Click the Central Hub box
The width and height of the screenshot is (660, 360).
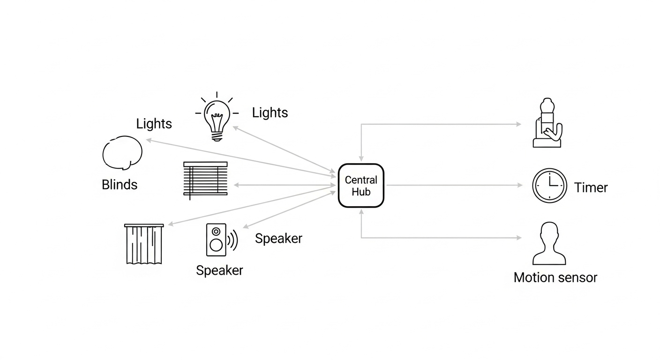[361, 186]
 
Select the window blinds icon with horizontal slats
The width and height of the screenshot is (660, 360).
[205, 179]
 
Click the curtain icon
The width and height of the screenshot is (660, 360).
[144, 244]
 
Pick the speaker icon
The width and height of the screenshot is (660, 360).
[216, 240]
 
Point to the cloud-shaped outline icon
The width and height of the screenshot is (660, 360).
[122, 153]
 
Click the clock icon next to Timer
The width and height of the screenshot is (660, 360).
[549, 186]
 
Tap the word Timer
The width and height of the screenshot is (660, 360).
[591, 187]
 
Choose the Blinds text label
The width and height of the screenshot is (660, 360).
[120, 185]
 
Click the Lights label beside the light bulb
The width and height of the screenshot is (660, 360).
[270, 112]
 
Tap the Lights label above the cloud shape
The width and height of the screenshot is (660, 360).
[154, 124]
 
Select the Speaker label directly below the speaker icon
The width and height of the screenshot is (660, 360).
[219, 270]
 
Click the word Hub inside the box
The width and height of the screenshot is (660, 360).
[361, 192]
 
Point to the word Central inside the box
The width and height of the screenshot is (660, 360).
[361, 180]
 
